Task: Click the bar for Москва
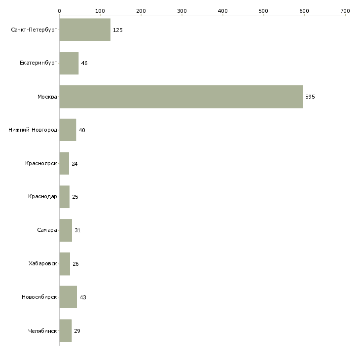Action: [x=180, y=97]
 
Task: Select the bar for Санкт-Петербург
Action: [x=85, y=30]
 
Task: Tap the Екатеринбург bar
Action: [x=69, y=63]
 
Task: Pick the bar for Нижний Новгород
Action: [x=68, y=130]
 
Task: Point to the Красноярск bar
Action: [x=64, y=164]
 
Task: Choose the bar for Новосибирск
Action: [x=68, y=297]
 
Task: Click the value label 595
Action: [x=310, y=97]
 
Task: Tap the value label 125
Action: [x=117, y=30]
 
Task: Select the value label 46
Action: [x=84, y=64]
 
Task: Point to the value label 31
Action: [x=77, y=230]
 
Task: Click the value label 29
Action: [x=77, y=331]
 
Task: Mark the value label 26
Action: [x=75, y=264]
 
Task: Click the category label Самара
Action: [x=47, y=230]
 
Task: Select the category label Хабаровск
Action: [x=42, y=264]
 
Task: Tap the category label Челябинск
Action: [x=42, y=331]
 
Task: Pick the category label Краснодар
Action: [x=42, y=197]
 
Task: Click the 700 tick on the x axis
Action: [x=345, y=10]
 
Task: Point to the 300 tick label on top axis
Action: [x=181, y=10]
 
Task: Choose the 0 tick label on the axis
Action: [x=59, y=10]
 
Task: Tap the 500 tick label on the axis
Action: [x=263, y=10]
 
